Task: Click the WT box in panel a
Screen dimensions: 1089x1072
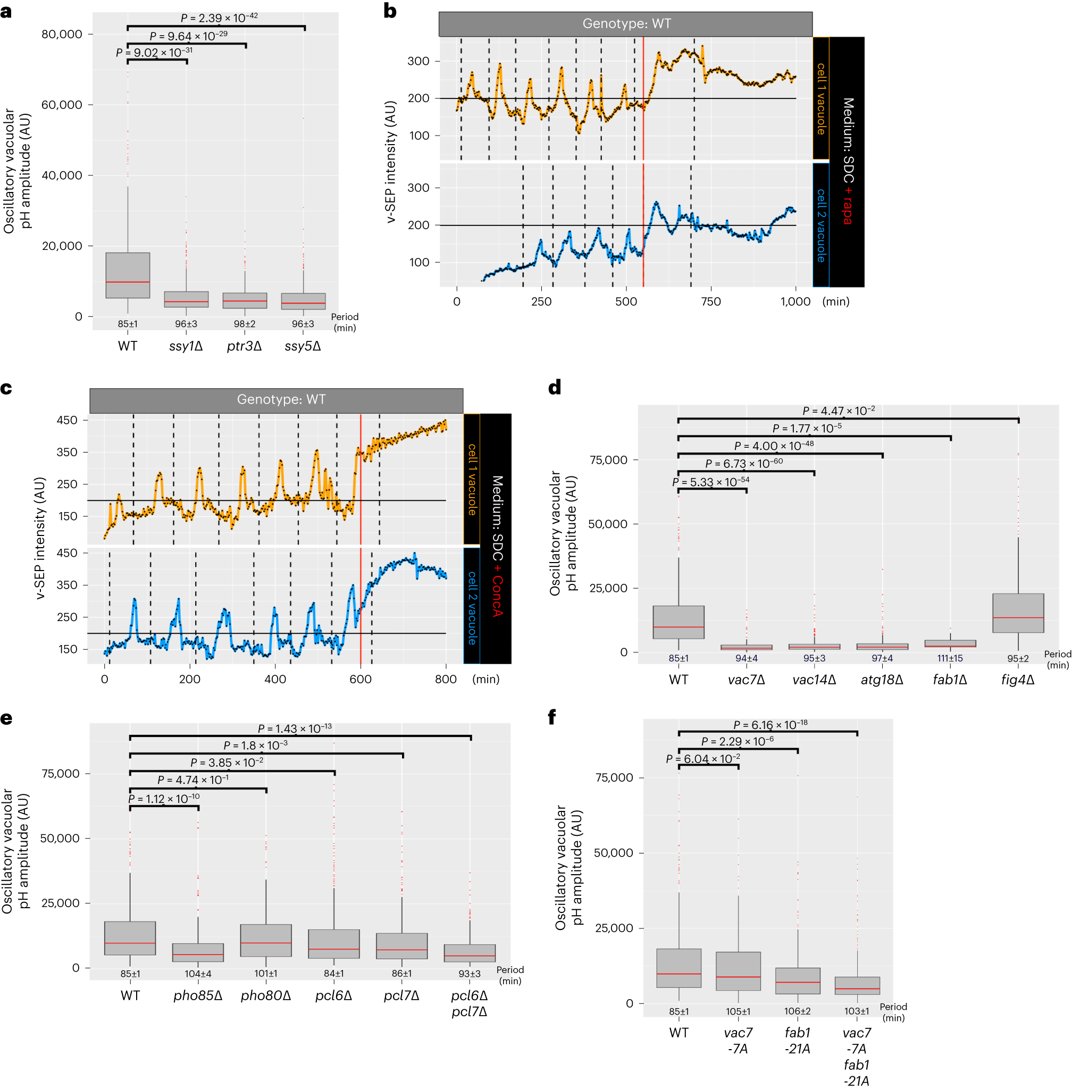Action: click(x=128, y=275)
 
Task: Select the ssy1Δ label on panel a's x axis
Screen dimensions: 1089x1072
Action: click(x=186, y=346)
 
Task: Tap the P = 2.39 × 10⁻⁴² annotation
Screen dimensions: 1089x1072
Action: click(x=219, y=18)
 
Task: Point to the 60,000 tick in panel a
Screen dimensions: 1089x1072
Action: click(x=61, y=105)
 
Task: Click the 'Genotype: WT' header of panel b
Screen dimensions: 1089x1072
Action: click(x=625, y=23)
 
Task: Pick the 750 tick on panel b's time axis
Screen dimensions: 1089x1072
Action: click(x=710, y=301)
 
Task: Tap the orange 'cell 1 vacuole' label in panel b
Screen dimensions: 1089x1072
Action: click(x=821, y=99)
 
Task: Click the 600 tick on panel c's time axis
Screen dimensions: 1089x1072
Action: click(x=361, y=679)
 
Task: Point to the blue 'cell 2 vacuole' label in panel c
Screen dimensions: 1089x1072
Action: click(x=472, y=608)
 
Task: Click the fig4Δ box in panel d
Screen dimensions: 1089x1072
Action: click(x=1018, y=613)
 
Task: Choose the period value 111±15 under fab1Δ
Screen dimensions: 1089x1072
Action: click(x=950, y=658)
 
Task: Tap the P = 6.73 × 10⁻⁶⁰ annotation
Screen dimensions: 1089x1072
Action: click(x=744, y=463)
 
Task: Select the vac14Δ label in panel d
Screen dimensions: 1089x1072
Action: click(x=814, y=680)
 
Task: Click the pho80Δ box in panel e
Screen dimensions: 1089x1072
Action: click(x=266, y=940)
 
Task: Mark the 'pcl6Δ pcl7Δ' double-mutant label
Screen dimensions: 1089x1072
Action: click(x=469, y=1003)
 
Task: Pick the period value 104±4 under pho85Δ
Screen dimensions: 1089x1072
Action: click(x=198, y=974)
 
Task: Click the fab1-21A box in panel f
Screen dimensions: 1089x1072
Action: click(x=797, y=981)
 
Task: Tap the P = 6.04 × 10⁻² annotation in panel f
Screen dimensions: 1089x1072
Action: click(x=702, y=758)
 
